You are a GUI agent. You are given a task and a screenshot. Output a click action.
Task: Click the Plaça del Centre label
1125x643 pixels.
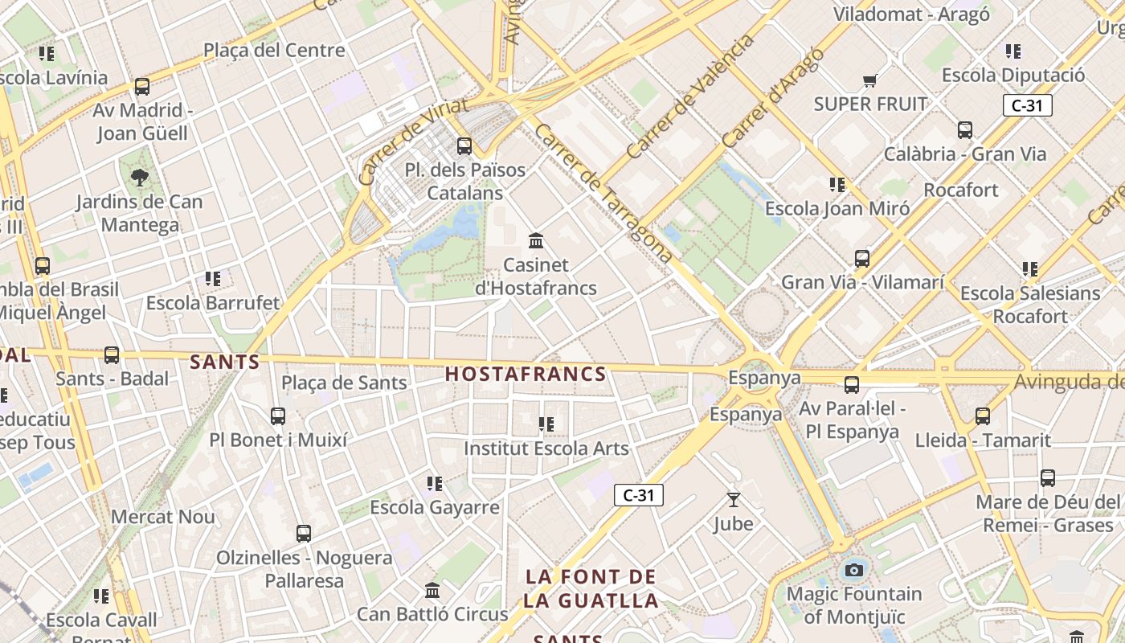(274, 50)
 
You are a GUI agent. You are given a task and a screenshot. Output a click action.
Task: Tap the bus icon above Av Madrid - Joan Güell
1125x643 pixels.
(142, 87)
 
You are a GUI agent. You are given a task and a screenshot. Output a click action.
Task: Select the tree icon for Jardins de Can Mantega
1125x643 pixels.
(140, 178)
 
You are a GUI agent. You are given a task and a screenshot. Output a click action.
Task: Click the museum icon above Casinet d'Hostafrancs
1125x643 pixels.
(536, 240)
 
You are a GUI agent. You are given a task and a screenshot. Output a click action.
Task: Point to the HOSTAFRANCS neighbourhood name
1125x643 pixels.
(526, 374)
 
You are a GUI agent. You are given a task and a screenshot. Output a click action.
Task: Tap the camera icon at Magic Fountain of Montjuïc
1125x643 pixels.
(853, 571)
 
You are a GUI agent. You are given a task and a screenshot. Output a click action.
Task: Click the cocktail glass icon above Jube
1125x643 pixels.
(733, 500)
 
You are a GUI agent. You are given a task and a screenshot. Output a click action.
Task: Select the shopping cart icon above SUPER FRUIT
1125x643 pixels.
(870, 80)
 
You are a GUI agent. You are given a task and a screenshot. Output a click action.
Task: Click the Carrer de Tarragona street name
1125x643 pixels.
(603, 193)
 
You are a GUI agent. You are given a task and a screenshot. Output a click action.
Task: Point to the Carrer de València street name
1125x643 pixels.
(689, 96)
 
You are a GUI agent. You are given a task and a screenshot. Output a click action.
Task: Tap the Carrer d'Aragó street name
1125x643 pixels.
(773, 98)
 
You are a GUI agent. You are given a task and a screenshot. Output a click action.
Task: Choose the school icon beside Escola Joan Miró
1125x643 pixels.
(837, 186)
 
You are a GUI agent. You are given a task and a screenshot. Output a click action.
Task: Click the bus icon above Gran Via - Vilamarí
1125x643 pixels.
(862, 259)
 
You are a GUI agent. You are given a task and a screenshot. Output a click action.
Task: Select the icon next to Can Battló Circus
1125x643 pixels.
(432, 591)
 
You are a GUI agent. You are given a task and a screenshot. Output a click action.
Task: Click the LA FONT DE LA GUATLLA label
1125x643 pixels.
(591, 588)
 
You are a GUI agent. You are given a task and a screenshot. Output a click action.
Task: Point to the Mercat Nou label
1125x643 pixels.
(163, 516)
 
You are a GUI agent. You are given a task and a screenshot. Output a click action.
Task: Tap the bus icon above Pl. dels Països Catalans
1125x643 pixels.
(464, 146)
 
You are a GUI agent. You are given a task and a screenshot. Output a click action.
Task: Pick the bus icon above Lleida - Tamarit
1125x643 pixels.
(982, 416)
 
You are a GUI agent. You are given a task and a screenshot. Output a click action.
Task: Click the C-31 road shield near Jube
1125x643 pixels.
(639, 495)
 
